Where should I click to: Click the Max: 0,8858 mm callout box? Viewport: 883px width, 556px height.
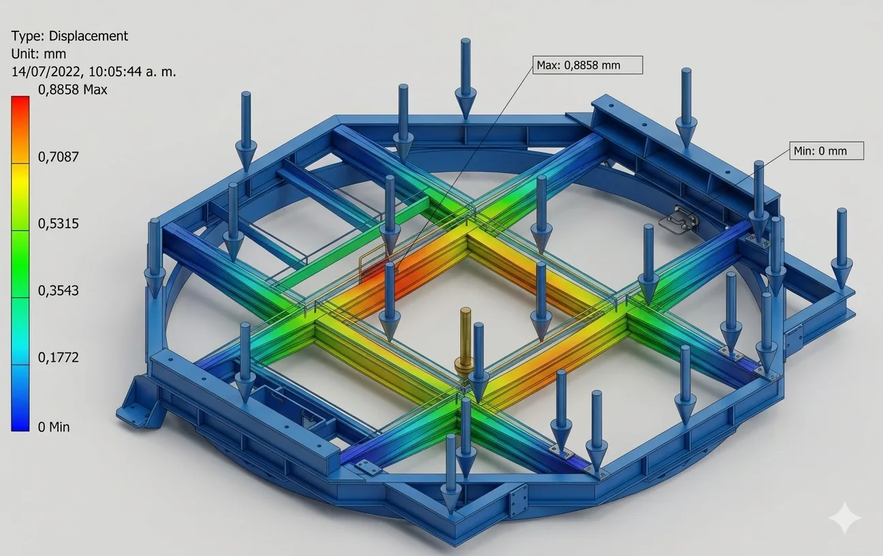coord(588,65)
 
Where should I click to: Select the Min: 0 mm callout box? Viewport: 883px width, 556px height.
coord(826,151)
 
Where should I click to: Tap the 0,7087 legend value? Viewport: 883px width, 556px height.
coord(59,157)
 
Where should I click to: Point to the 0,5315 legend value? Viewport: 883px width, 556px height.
coord(59,223)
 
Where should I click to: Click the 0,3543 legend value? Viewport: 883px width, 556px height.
coord(59,291)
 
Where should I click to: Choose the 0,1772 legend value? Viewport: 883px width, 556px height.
coord(59,358)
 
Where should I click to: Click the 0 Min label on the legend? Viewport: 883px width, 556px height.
coord(54,427)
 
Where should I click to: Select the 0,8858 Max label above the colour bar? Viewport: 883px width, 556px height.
coord(73,90)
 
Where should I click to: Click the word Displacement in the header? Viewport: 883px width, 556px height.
coord(89,36)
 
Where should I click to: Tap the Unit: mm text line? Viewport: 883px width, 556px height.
coord(39,54)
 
